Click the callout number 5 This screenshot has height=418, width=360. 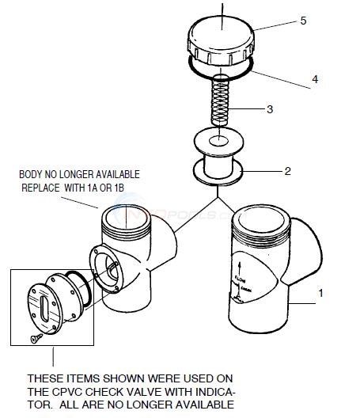301,22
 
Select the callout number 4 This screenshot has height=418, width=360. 314,79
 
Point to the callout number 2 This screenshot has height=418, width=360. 288,169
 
